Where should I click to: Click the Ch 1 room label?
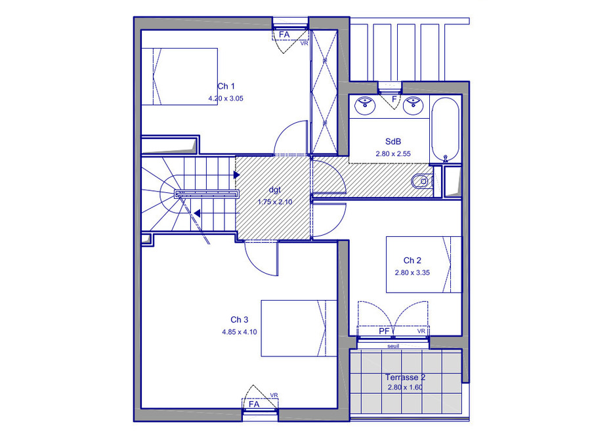[226, 86]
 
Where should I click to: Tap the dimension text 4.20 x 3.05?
[226, 98]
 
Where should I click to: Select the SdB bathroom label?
[393, 142]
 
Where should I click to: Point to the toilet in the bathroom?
[421, 181]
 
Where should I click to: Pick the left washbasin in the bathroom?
[365, 105]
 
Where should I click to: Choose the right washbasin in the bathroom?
[413, 105]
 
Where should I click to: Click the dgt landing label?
[275, 190]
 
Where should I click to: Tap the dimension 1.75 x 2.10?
[275, 202]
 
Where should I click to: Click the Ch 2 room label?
[412, 261]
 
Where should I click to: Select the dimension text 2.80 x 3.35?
[412, 272]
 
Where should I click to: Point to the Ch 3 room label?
[240, 320]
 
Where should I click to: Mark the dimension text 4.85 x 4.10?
[240, 332]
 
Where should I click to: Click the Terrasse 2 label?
[406, 377]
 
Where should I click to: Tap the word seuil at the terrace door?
[393, 346]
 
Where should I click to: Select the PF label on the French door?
[384, 331]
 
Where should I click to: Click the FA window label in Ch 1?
[284, 35]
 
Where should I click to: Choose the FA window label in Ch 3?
[254, 404]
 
